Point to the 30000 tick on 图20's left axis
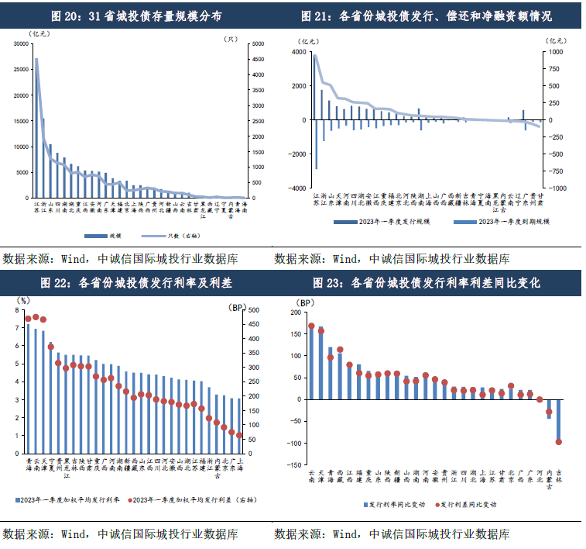(17, 44)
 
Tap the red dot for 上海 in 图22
(239, 436)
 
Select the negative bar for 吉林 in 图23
(559, 420)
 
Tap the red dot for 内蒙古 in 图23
(550, 413)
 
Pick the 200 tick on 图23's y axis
(294, 312)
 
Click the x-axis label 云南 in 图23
(312, 475)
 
